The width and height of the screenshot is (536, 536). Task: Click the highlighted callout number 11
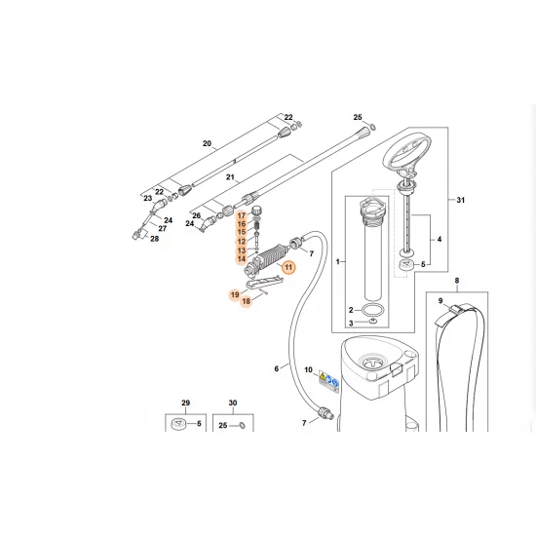click(x=288, y=267)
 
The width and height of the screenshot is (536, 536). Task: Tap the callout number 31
click(x=460, y=200)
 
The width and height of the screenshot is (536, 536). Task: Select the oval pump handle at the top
click(x=407, y=154)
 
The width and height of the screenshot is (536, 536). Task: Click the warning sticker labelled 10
click(x=328, y=381)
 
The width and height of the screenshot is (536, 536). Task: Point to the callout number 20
click(x=208, y=143)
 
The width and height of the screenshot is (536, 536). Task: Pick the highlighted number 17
click(x=242, y=215)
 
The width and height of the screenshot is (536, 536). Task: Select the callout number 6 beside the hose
click(x=277, y=368)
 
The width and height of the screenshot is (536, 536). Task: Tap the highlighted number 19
click(x=235, y=294)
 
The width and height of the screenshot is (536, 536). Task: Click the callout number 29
click(x=185, y=402)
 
